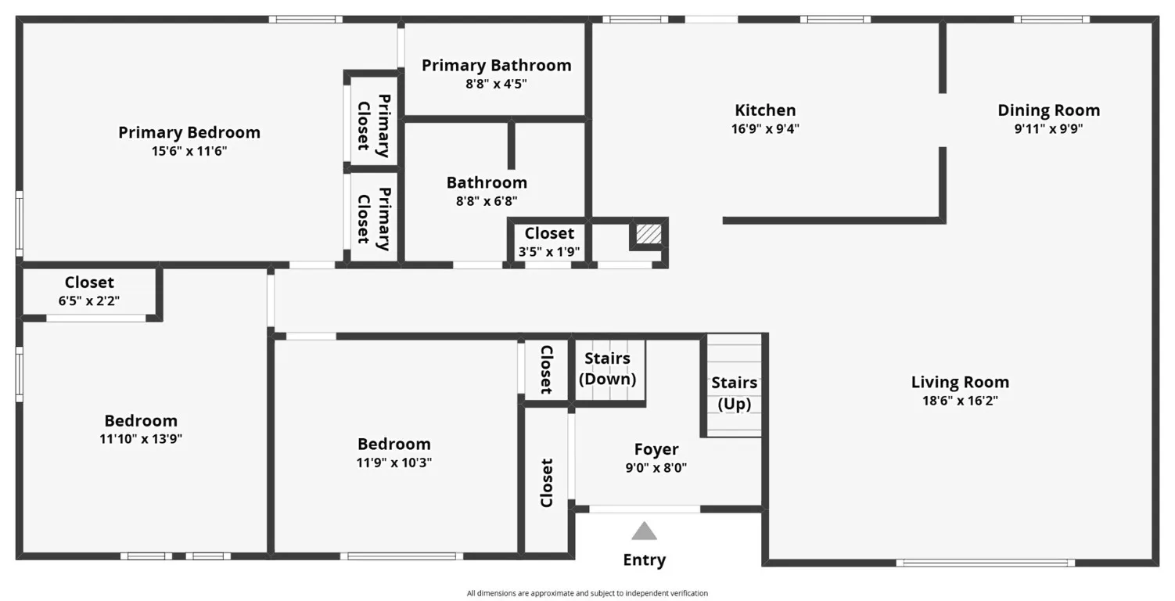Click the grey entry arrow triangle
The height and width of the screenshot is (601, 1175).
point(644,531)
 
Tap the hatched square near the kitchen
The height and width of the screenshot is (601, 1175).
point(648,233)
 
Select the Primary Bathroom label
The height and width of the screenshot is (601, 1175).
point(496,65)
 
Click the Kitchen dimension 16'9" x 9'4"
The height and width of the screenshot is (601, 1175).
point(765,129)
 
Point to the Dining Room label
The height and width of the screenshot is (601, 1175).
point(1048,110)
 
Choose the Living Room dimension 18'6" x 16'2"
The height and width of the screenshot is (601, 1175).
point(960,401)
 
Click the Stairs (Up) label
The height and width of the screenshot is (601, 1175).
point(734,393)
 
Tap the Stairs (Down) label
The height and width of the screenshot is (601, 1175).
point(607,369)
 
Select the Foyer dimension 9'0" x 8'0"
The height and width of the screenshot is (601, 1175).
point(656,468)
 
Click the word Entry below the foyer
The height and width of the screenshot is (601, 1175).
point(644,560)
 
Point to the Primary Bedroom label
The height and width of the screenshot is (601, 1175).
point(189,132)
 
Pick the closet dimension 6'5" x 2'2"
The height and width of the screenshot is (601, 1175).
point(89,300)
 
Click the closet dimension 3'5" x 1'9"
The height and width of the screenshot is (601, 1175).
point(548,251)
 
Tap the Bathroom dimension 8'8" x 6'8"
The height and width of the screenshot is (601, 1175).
point(486,201)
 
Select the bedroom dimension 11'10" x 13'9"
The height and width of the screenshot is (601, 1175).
point(141,439)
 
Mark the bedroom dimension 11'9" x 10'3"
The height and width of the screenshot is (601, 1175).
point(393,462)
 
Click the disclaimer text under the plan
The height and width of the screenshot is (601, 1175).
point(587,593)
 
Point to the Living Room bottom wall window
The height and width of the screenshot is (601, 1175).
point(985,562)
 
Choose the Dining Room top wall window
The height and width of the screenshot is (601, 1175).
point(1051,20)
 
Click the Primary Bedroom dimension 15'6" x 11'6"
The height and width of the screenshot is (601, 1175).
point(189,151)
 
